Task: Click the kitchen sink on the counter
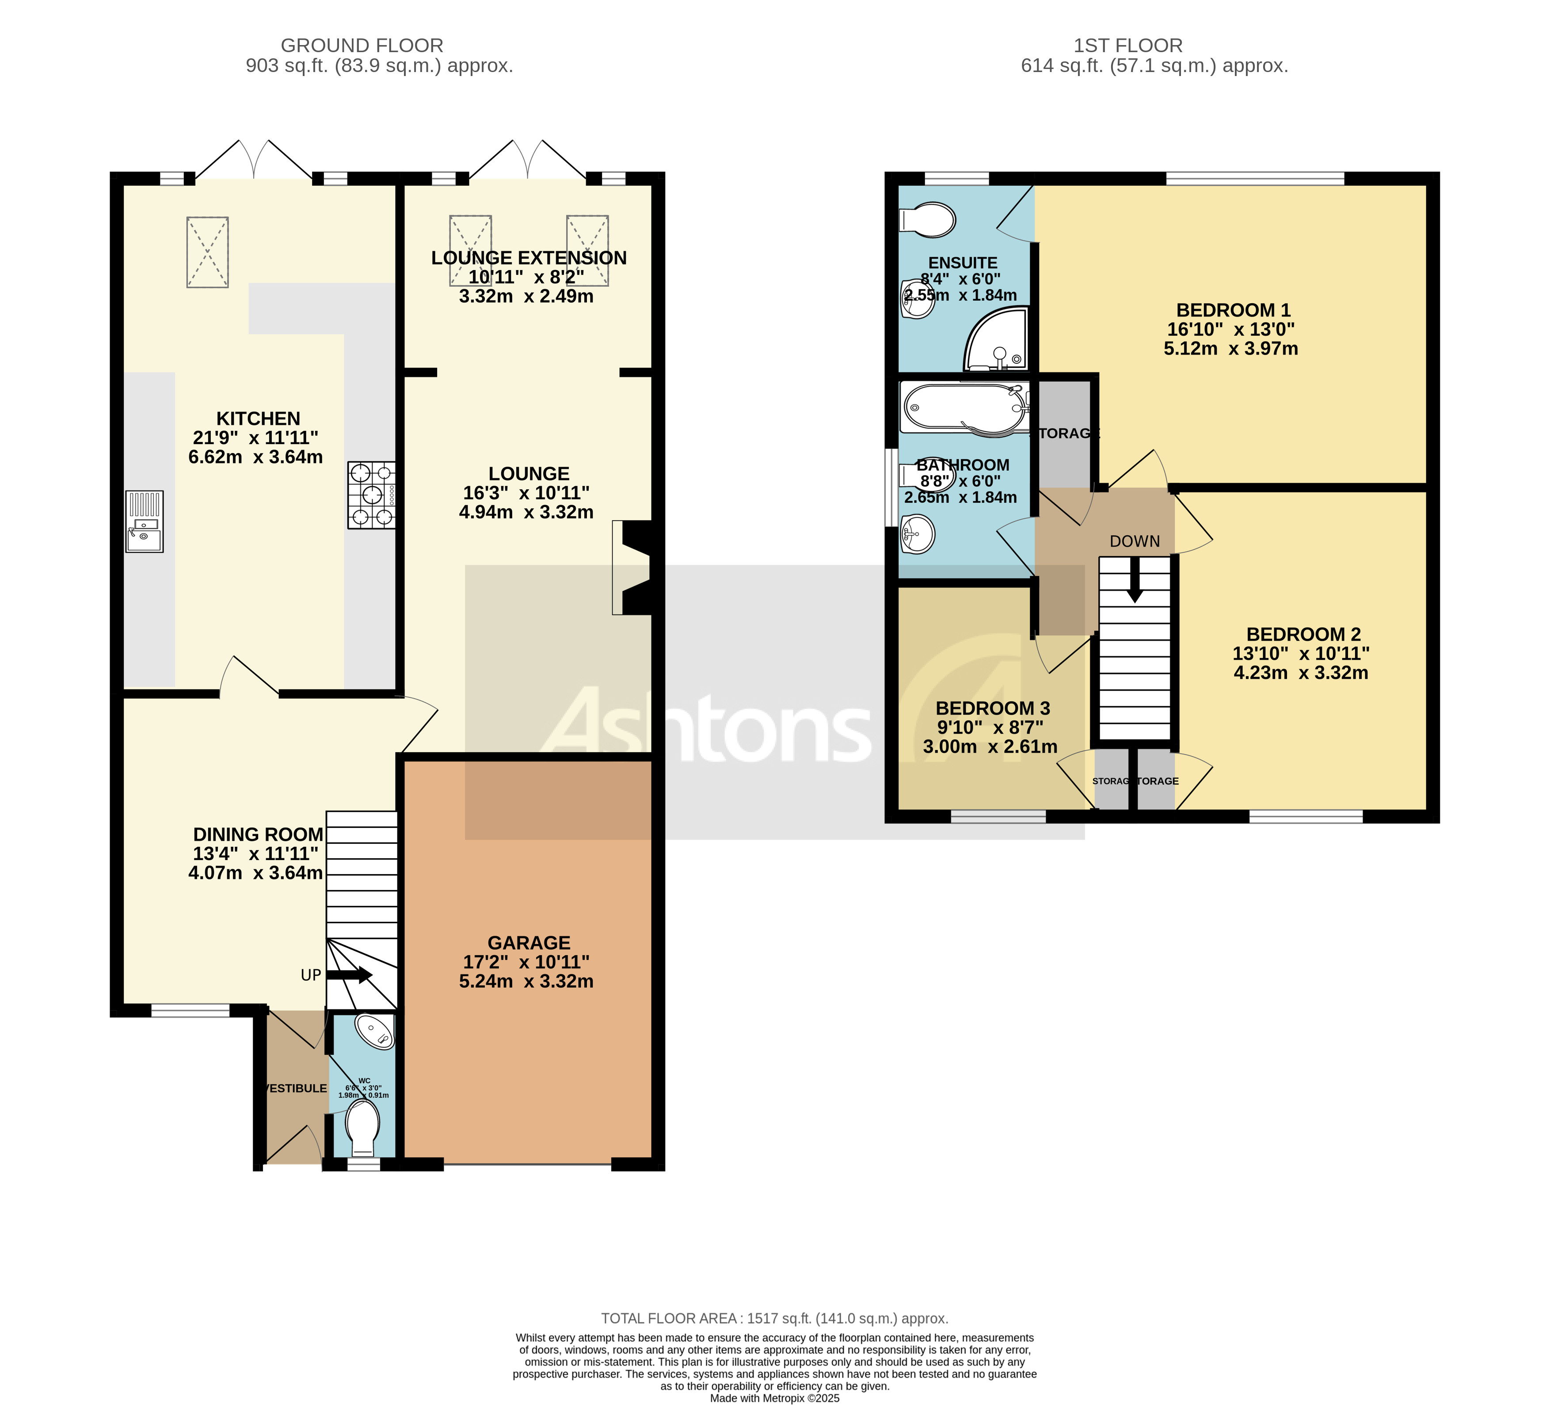tap(145, 522)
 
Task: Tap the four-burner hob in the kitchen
tap(371, 495)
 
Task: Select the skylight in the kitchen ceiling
tap(208, 252)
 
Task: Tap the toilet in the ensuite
tap(929, 220)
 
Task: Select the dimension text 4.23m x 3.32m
tap(1300, 673)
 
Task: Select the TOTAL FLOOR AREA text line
tap(774, 1318)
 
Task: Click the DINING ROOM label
tap(258, 834)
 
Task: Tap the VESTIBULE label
tap(295, 1088)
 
